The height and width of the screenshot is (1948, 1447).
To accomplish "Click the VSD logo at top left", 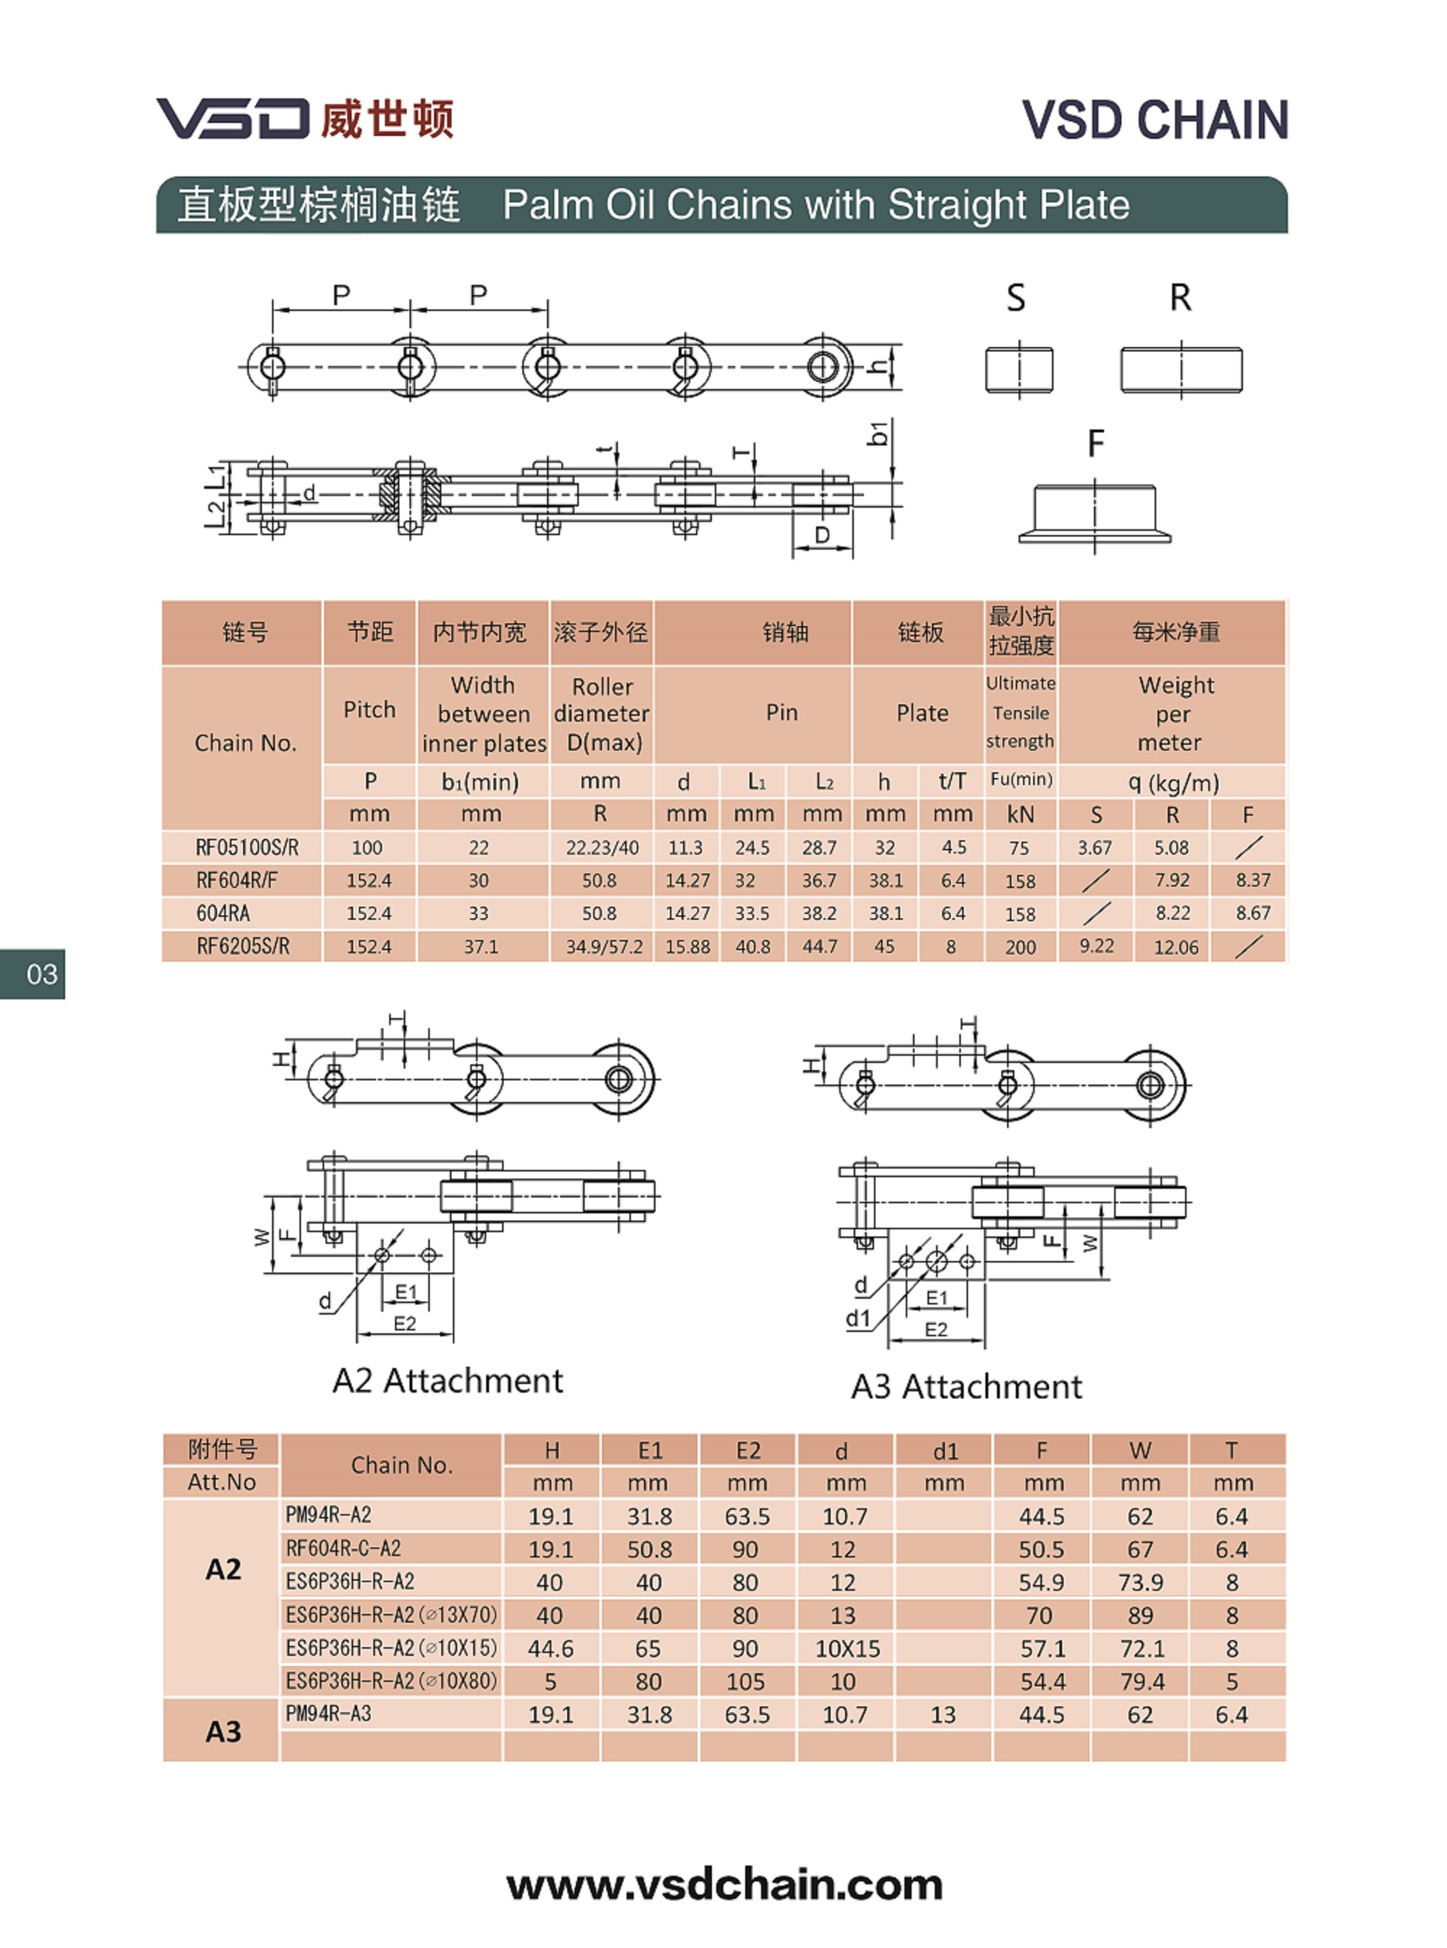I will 305,118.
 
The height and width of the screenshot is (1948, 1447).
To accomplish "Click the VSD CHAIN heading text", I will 1155,120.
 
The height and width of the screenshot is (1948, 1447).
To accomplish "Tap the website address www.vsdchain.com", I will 724,1885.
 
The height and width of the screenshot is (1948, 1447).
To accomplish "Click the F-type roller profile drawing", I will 1094,514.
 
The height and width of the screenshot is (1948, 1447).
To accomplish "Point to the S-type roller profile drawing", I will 1019,369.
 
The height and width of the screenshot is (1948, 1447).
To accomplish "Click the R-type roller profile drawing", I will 1181,369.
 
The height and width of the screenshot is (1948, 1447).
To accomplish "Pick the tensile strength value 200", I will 1020,947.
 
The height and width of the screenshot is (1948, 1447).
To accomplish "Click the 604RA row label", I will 224,913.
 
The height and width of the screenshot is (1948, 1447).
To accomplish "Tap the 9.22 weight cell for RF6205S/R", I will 1097,947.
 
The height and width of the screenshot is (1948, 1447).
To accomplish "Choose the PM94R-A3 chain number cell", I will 329,1714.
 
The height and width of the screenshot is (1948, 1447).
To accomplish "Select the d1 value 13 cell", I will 943,1715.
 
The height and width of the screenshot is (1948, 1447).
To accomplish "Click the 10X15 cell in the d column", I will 847,1649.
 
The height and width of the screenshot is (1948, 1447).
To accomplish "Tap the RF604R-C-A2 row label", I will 344,1549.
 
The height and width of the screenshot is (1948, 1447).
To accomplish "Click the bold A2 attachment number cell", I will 223,1570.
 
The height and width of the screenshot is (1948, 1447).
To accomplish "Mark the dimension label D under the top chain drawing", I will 822,535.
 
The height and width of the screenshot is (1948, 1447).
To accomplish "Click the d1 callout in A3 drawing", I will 857,1318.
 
